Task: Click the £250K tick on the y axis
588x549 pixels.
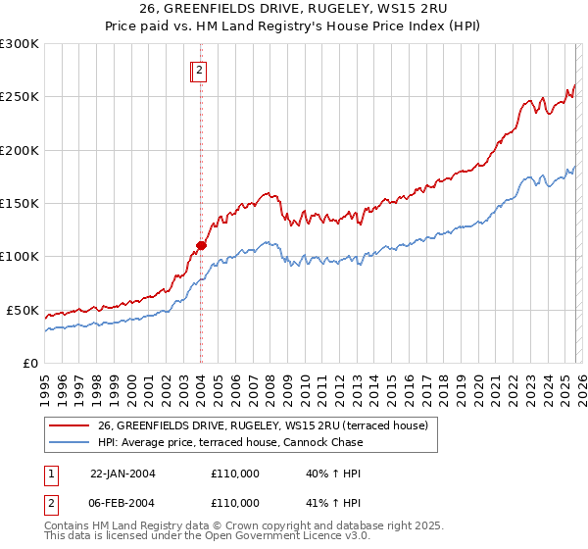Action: (x=20, y=97)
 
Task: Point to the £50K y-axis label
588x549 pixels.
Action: (x=24, y=310)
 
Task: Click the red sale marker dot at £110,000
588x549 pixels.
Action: (x=201, y=245)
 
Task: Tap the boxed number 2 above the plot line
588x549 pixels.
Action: (x=198, y=70)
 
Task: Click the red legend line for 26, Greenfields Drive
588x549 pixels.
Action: (x=69, y=426)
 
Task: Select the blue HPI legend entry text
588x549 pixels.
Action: (x=230, y=442)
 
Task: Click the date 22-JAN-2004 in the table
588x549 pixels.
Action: (x=122, y=474)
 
